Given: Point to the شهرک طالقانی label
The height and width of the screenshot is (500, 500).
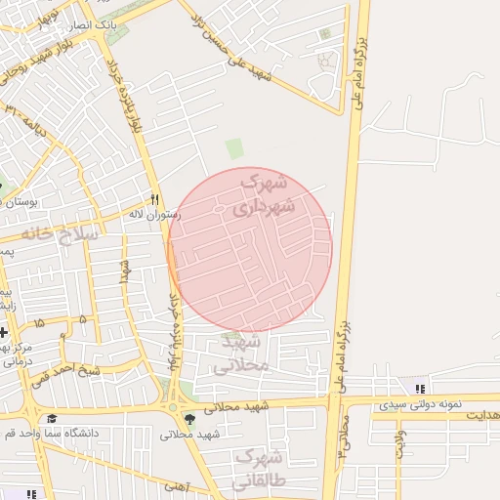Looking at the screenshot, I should [x=258, y=469].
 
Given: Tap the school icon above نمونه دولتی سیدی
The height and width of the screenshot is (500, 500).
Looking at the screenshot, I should [x=420, y=389].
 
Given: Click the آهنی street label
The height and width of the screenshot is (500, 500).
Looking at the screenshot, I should [x=176, y=485].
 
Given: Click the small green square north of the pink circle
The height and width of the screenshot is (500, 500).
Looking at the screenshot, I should [x=234, y=148].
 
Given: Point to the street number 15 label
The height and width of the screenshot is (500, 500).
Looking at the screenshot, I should [x=39, y=321].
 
